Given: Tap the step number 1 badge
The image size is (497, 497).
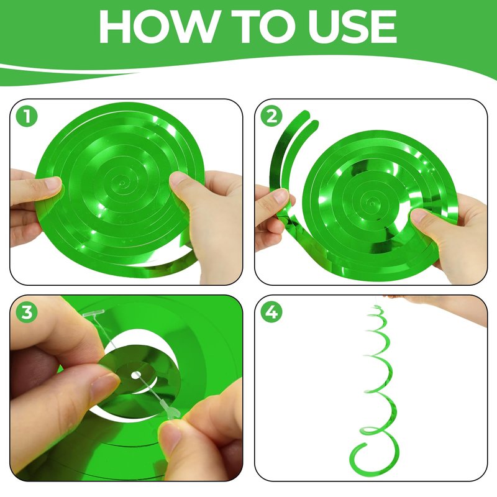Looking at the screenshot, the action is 27,116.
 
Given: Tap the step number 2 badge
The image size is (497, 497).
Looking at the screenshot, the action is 271,116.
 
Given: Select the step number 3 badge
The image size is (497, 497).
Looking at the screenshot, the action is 27,312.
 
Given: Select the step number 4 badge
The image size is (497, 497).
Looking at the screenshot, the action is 271,312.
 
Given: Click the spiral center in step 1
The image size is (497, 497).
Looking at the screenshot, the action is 122,183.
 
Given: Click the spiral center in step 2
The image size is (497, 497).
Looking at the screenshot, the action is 373,201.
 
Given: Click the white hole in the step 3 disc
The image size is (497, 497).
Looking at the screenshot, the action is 136,375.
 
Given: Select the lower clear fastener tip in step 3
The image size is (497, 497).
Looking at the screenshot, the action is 171,411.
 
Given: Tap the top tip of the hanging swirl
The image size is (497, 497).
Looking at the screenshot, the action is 377,306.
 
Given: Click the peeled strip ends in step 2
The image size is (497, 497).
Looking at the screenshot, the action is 309,118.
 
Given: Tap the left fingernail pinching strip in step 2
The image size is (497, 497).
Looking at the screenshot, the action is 281,196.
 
